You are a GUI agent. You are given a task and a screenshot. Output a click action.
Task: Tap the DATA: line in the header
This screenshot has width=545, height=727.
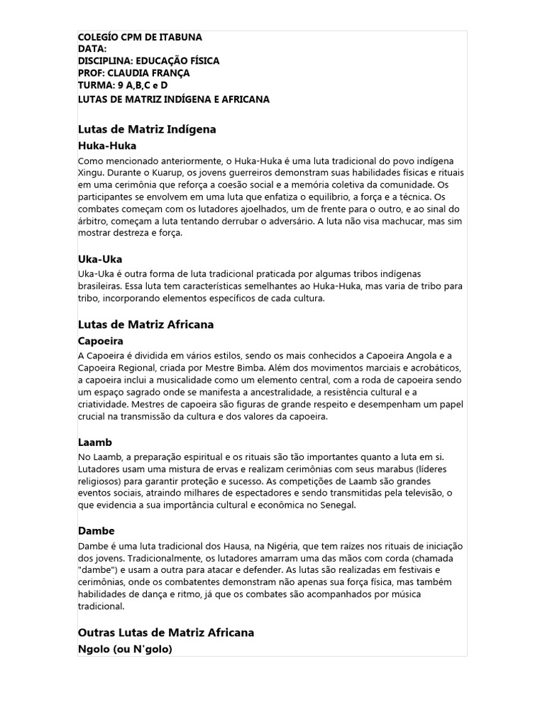[92, 49]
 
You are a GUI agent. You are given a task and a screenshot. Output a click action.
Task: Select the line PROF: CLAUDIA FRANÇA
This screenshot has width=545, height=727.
[133, 73]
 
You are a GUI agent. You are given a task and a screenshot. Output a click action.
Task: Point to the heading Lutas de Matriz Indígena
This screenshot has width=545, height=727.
[146, 129]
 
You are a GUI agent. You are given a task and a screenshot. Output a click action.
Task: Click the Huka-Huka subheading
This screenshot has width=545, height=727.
[107, 145]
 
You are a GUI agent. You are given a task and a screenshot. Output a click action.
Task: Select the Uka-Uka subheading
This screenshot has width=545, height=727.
[100, 259]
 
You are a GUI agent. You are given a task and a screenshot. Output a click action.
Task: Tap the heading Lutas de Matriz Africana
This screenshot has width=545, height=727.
[145, 324]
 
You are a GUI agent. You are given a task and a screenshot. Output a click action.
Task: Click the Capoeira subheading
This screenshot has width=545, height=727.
[101, 341]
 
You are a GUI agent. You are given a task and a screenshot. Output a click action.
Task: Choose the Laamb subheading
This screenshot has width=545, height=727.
[94, 442]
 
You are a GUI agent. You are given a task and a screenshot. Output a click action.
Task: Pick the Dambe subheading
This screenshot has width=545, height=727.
[96, 530]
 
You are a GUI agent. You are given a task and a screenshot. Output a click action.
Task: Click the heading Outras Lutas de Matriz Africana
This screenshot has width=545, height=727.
[165, 632]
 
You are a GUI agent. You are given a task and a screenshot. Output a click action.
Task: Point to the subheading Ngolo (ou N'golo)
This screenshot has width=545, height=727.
[125, 648]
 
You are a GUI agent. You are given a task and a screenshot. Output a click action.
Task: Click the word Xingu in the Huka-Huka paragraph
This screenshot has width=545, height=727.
[90, 173]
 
